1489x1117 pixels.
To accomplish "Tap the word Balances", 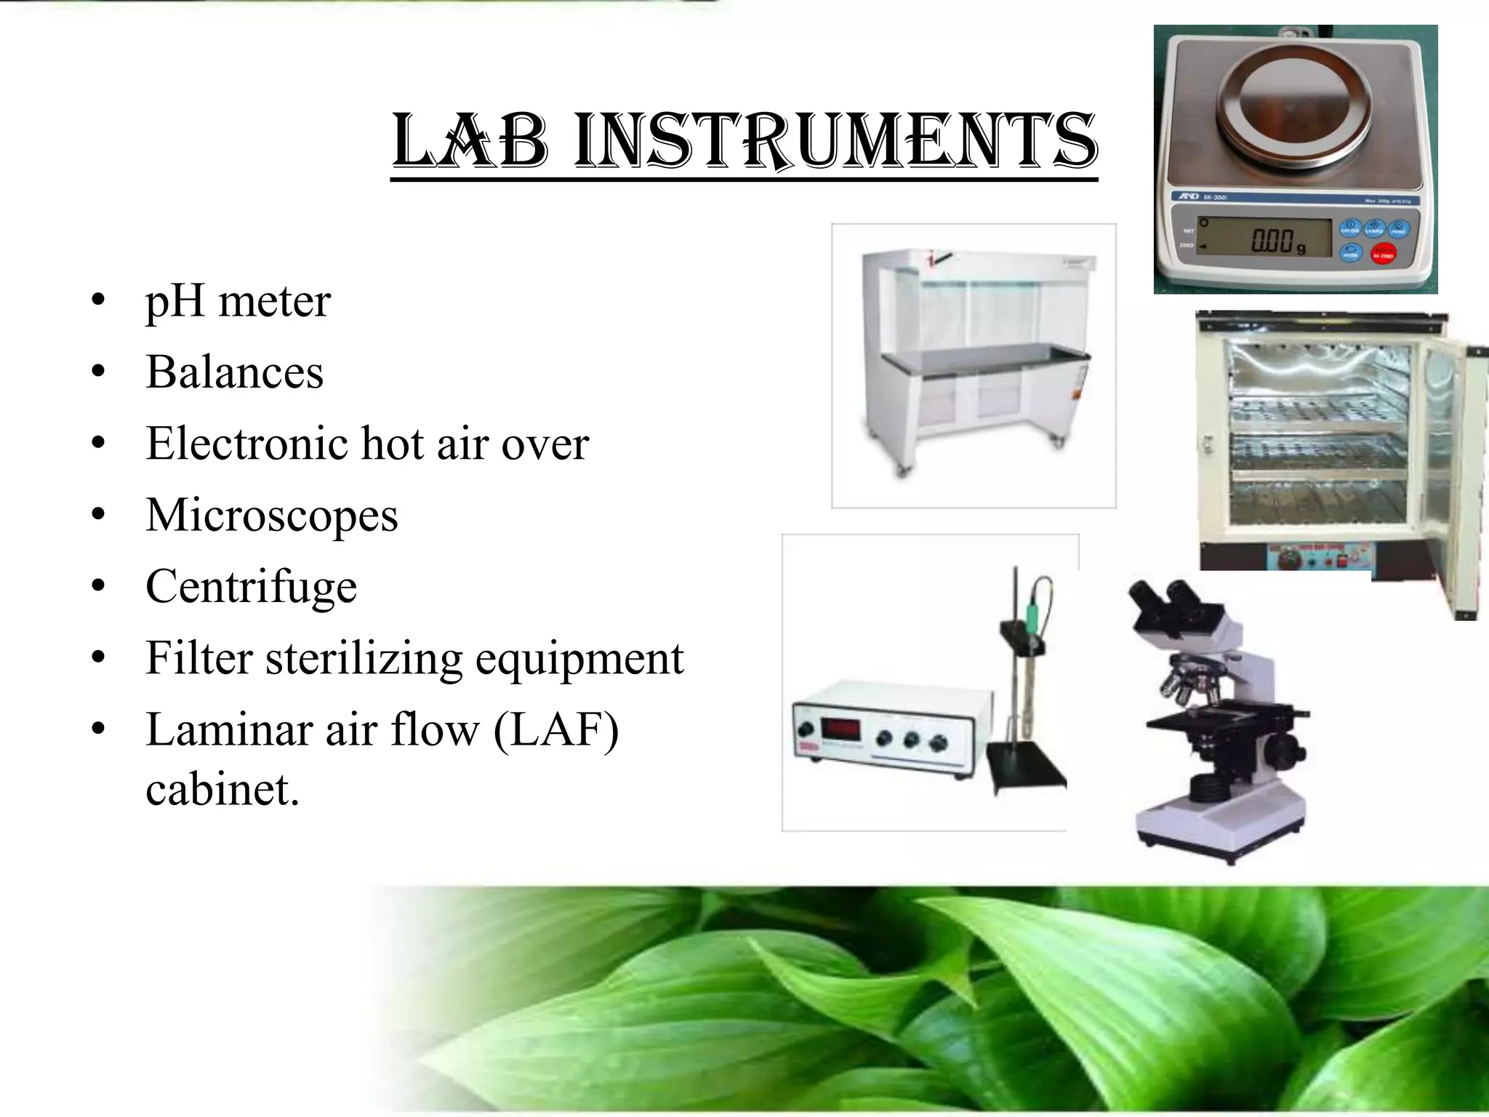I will coord(234,372).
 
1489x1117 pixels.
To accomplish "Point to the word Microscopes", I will coord(272,515).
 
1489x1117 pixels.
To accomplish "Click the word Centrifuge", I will coord(251,586).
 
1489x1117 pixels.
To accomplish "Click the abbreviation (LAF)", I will coord(556,729).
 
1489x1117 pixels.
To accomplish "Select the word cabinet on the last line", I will coord(222,788).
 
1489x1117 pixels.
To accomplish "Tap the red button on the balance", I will coord(1382,254).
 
